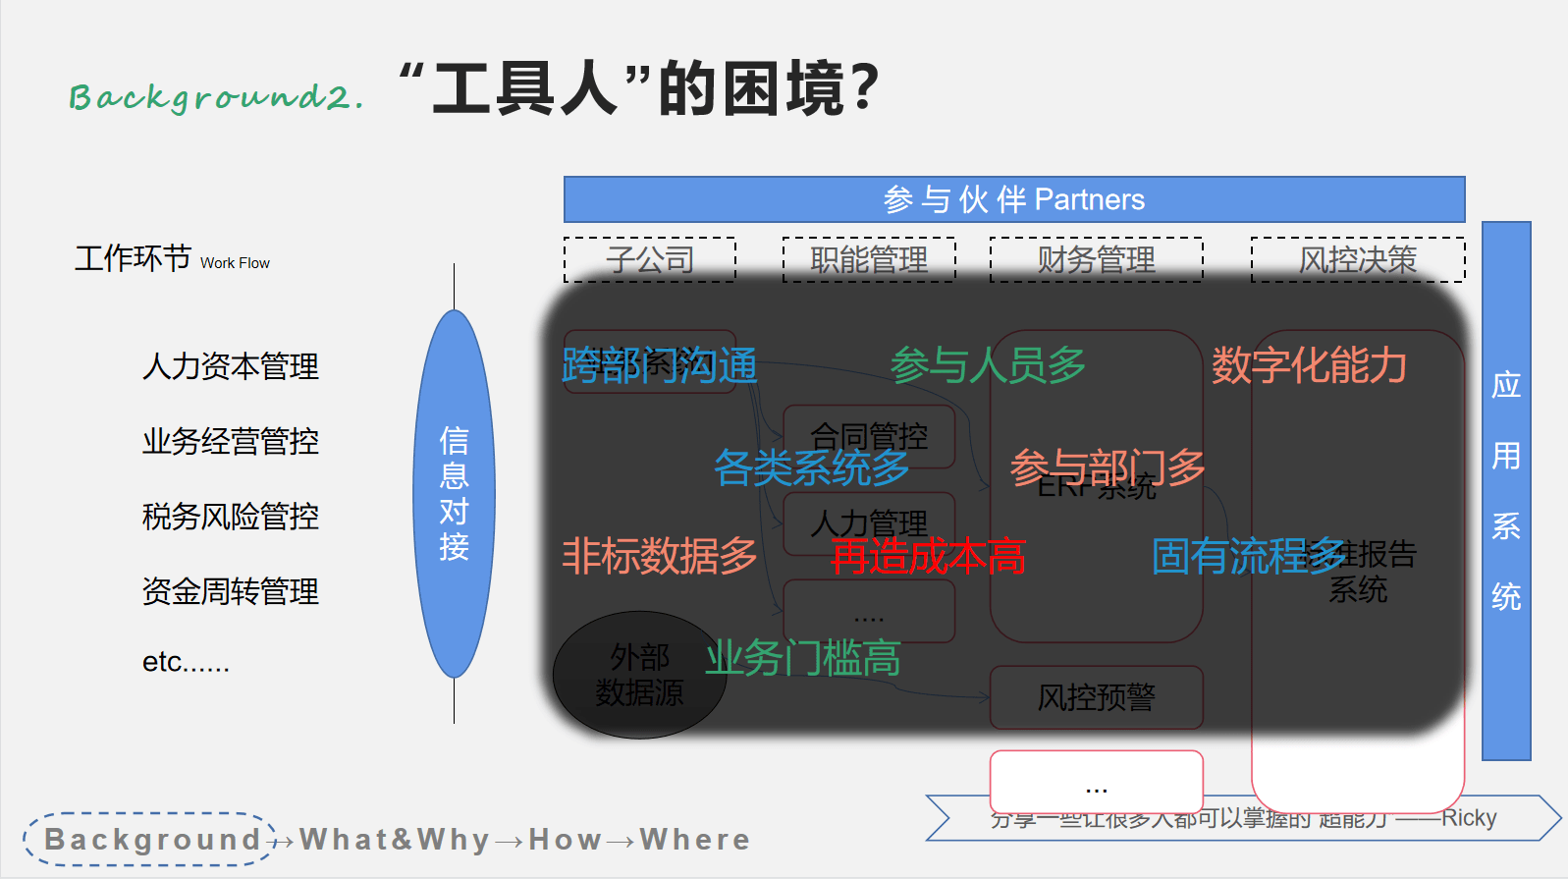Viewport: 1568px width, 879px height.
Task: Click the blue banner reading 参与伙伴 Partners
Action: [1013, 199]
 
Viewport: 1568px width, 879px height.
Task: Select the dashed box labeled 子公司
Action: [650, 259]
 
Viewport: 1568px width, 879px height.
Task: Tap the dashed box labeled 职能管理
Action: [869, 259]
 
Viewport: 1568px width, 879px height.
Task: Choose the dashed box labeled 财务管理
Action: [1096, 259]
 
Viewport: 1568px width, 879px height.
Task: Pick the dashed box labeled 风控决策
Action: [1358, 259]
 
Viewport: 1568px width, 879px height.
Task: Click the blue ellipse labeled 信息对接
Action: [454, 493]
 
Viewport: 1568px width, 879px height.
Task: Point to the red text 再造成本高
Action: [928, 557]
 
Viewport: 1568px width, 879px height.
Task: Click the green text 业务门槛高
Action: [802, 658]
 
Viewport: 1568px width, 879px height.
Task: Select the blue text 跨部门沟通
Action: [659, 366]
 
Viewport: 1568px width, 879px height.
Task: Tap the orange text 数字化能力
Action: [1309, 366]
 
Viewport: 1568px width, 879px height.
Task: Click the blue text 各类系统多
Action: [811, 467]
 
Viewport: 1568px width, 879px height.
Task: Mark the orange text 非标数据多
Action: [659, 557]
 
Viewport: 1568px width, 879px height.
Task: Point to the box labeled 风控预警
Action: [1096, 697]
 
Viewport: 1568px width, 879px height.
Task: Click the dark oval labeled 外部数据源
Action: [639, 676]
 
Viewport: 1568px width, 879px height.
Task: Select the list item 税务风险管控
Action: [231, 517]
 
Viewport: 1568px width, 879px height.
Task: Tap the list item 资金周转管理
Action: [231, 591]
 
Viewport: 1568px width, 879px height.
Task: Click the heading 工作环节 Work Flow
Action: [172, 259]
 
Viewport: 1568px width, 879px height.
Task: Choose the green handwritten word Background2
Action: [216, 96]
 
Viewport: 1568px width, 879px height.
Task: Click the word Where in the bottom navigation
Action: [694, 840]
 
